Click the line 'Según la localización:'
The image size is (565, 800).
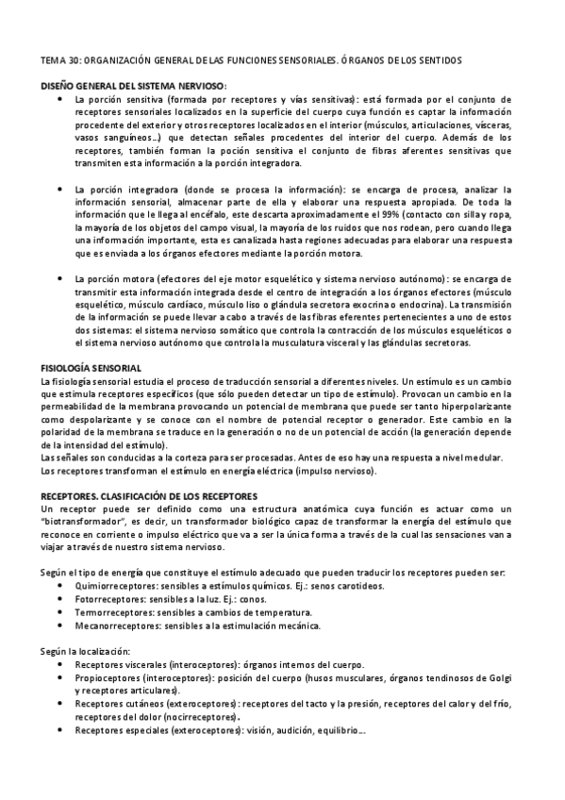[x=91, y=651]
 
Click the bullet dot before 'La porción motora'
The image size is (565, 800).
[x=61, y=279]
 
